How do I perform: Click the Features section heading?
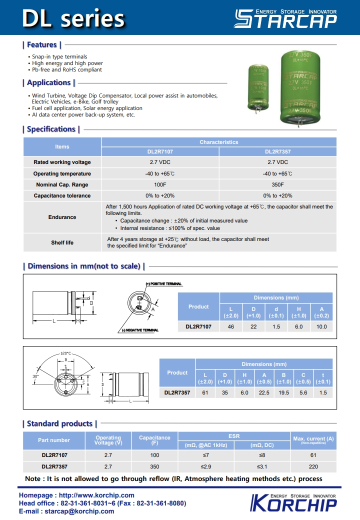pos(42,45)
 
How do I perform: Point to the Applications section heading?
pos(49,83)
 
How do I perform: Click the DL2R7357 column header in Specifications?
pos(277,151)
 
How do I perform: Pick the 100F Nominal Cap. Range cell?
pos(160,184)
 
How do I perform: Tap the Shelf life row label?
pos(62,242)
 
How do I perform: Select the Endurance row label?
pos(62,217)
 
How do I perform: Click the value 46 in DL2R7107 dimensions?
pos(231,326)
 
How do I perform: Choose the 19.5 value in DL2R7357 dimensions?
pos(283,392)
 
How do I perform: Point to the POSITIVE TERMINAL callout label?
pos(164,284)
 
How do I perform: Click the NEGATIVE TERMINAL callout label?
pos(140,330)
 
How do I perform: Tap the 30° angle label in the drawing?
pos(35,376)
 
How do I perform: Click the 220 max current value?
pos(313,466)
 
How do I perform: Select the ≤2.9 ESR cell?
pos(206,466)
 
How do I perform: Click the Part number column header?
pos(54,440)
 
